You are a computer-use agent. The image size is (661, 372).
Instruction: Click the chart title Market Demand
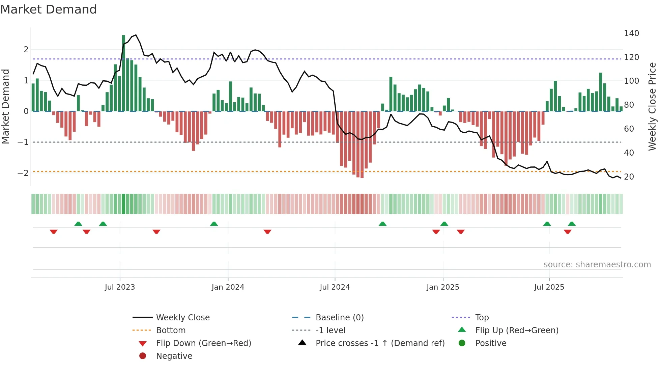(x=49, y=9)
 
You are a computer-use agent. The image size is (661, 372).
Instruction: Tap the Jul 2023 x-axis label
(x=120, y=287)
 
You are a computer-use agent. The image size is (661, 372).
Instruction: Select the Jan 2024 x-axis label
(x=228, y=287)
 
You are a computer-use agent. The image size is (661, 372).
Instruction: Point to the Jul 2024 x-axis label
(x=335, y=287)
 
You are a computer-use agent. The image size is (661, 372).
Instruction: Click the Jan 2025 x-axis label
(x=442, y=287)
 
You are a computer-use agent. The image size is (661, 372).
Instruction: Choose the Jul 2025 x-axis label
(x=549, y=287)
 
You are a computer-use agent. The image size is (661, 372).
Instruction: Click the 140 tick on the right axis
(x=631, y=33)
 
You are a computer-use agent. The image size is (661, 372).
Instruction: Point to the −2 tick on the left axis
(x=23, y=173)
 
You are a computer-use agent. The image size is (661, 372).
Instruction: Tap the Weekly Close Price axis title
(x=652, y=106)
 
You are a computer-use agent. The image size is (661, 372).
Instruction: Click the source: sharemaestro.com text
(x=597, y=265)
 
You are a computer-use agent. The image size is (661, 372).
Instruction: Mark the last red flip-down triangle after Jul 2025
(x=568, y=232)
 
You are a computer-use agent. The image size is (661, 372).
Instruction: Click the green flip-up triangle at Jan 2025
(x=444, y=224)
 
